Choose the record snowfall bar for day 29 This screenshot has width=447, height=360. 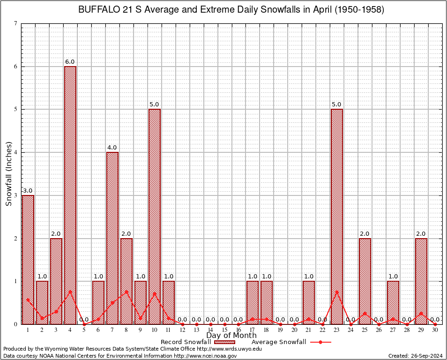click(x=421, y=281)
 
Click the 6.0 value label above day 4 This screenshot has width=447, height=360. click(x=70, y=62)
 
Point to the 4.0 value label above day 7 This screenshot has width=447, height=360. click(x=112, y=148)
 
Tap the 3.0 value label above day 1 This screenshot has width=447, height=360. click(x=28, y=191)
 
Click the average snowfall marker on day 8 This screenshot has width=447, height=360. click(x=126, y=292)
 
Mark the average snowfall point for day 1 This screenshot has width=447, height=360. click(x=28, y=300)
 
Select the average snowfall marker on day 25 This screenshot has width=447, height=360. click(x=365, y=313)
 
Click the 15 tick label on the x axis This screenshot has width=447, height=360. click(x=224, y=330)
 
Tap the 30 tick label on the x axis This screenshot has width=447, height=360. click(x=435, y=330)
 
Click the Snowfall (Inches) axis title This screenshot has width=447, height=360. click(x=8, y=174)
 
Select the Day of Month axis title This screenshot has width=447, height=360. click(x=231, y=336)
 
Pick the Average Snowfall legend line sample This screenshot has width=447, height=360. click(x=320, y=342)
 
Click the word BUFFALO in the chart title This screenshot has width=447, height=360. click(x=97, y=10)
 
